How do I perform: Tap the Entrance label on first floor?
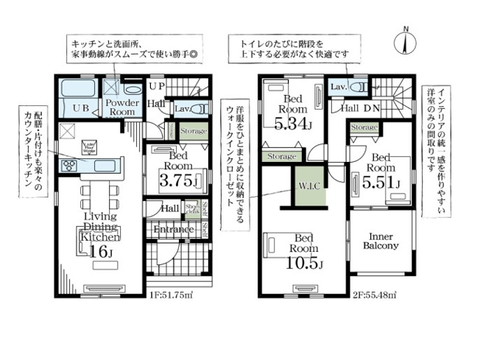click(174, 230)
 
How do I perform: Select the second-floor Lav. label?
click(339, 87)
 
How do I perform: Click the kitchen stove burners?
click(71, 165)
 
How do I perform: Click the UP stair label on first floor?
click(157, 87)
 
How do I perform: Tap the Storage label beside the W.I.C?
click(281, 157)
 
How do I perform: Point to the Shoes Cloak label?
click(191, 208)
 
